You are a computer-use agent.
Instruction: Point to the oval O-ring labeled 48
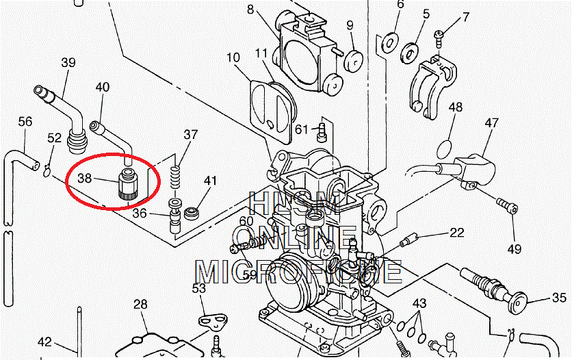point(444,148)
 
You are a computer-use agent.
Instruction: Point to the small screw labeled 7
point(441,34)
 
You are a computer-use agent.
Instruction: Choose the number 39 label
point(68,63)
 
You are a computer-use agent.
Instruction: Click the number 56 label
point(25,122)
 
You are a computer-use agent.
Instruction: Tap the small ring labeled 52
point(47,170)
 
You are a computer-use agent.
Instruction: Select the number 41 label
point(209,181)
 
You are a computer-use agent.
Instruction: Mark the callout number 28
point(140,304)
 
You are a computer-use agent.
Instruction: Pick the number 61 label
point(302,129)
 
